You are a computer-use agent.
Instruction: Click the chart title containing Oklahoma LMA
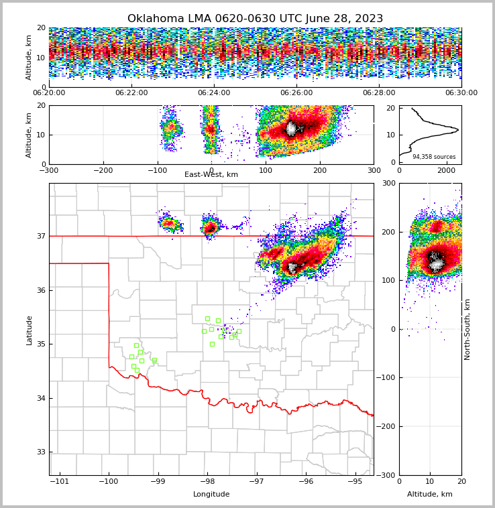pyautogui.click(x=255, y=19)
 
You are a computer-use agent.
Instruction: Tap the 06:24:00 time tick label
pyautogui.click(x=214, y=93)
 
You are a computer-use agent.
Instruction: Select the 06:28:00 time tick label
pyautogui.click(x=379, y=93)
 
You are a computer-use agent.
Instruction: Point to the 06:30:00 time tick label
pyautogui.click(x=461, y=93)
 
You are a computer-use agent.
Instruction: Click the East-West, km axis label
pyautogui.click(x=211, y=175)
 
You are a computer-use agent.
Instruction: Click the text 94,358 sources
pyautogui.click(x=433, y=157)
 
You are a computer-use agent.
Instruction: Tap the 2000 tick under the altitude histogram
pyautogui.click(x=446, y=171)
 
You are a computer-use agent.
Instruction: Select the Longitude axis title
pyautogui.click(x=211, y=495)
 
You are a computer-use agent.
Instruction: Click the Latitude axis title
pyautogui.click(x=29, y=330)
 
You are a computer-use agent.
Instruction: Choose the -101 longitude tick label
pyautogui.click(x=59, y=482)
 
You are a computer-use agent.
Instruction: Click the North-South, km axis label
pyautogui.click(x=467, y=329)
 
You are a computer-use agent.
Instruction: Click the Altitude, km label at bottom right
pyautogui.click(x=430, y=495)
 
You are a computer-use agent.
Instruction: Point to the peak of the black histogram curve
pyautogui.click(x=458, y=129)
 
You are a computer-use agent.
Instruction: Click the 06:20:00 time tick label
pyautogui.click(x=49, y=93)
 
